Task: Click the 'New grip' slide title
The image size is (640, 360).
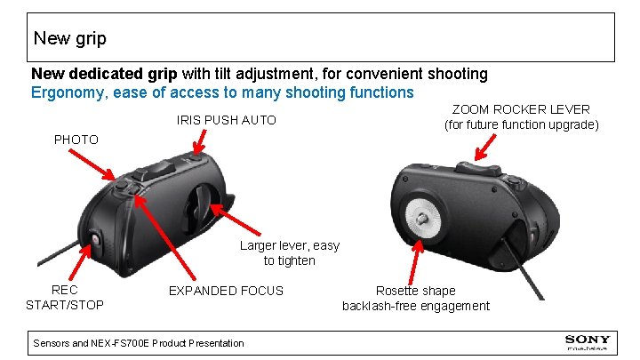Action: click(x=69, y=38)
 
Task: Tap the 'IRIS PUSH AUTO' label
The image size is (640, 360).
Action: click(x=227, y=120)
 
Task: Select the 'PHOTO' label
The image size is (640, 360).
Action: click(x=76, y=140)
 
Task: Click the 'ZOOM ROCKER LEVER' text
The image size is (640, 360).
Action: click(x=521, y=109)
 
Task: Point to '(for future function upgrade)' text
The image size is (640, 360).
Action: click(x=521, y=124)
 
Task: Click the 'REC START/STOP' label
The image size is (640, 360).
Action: click(x=64, y=298)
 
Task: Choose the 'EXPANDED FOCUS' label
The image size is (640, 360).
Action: click(x=226, y=291)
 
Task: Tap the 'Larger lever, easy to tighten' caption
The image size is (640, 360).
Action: click(x=289, y=253)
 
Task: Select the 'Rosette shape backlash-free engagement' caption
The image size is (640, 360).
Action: click(x=415, y=298)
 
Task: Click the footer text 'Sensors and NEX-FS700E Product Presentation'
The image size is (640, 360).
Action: click(x=138, y=343)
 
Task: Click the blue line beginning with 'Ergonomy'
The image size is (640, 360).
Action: click(x=222, y=92)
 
